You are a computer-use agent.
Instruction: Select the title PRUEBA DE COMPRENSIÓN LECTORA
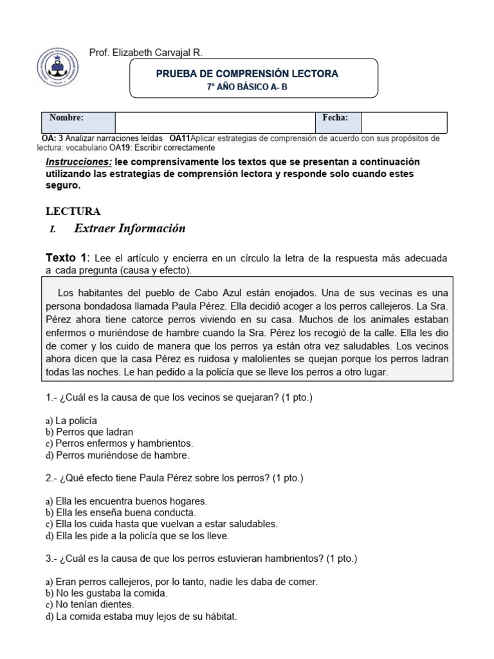tap(247, 74)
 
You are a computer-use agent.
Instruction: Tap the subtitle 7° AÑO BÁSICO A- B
tap(247, 87)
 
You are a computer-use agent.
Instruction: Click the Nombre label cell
tap(78, 122)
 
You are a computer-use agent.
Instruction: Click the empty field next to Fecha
tap(403, 122)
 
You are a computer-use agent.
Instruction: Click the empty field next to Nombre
tap(215, 122)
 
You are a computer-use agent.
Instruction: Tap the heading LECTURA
tap(73, 211)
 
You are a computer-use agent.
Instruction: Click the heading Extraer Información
tap(130, 228)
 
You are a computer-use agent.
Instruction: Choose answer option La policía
tap(77, 420)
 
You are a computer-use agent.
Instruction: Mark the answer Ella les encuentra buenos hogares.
tap(131, 501)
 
